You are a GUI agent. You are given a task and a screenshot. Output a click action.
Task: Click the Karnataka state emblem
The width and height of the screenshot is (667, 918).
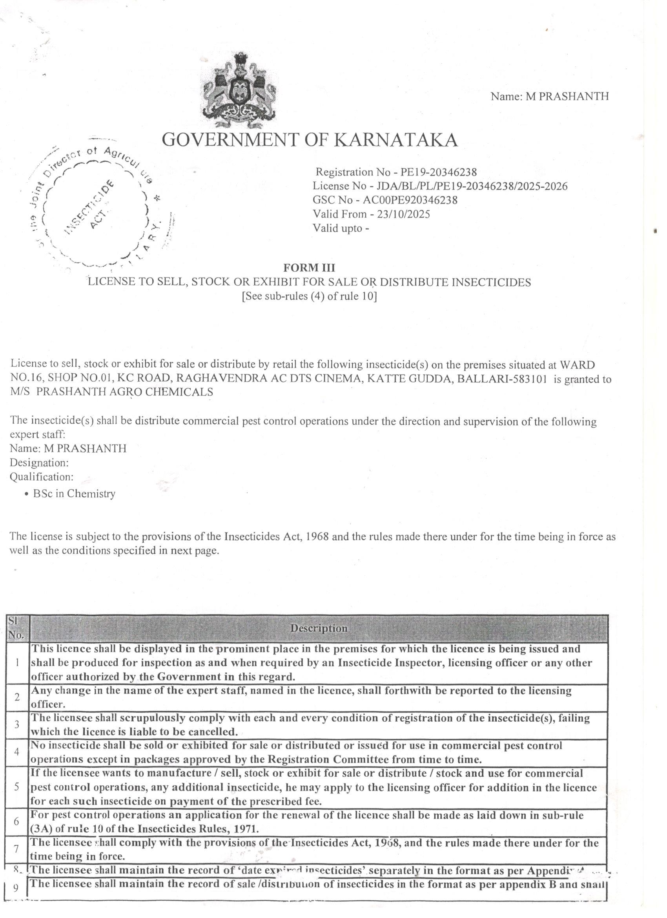click(238, 91)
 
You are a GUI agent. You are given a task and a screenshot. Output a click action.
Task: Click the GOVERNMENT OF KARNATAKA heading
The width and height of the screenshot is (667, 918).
click(310, 140)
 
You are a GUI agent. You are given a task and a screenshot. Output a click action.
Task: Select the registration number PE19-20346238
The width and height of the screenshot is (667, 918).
click(439, 172)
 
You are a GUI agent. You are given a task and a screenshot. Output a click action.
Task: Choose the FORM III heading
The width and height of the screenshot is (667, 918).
click(309, 267)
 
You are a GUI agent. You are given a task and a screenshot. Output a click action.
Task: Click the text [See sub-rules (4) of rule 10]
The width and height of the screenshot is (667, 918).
click(309, 296)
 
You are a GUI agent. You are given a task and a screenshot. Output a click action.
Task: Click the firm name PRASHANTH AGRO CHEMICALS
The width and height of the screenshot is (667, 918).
click(125, 392)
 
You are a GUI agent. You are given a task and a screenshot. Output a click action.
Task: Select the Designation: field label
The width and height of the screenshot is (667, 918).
click(39, 462)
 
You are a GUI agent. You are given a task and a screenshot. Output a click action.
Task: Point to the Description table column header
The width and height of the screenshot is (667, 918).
click(319, 628)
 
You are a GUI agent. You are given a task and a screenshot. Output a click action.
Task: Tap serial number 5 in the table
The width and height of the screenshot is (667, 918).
click(16, 786)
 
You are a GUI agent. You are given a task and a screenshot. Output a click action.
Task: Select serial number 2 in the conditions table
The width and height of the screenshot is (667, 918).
click(16, 697)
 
